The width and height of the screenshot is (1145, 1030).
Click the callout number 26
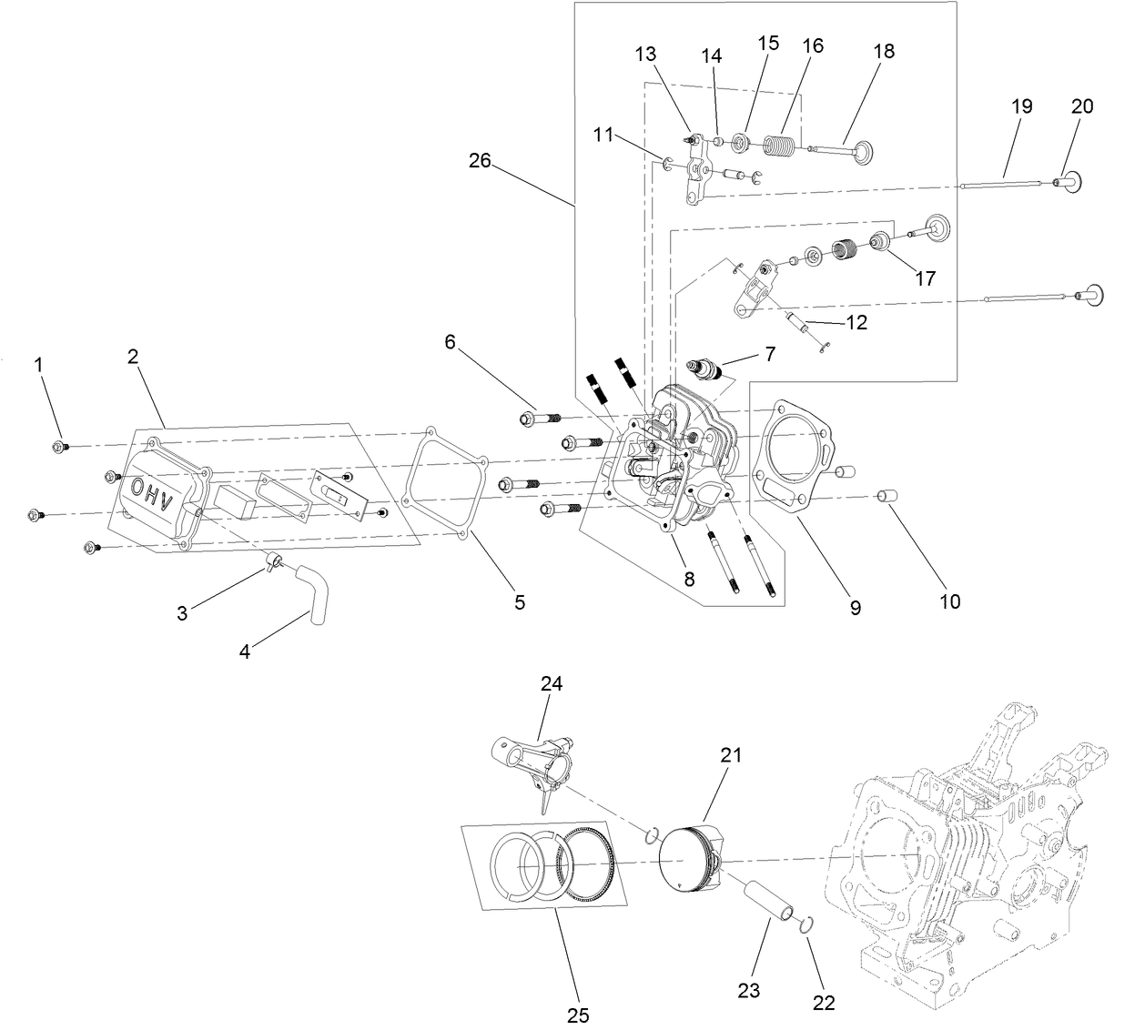click(480, 161)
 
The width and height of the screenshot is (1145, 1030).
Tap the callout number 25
click(578, 1015)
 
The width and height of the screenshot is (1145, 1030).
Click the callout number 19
click(1021, 106)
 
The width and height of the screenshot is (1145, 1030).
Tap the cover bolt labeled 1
click(59, 447)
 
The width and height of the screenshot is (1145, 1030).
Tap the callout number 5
click(520, 602)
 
